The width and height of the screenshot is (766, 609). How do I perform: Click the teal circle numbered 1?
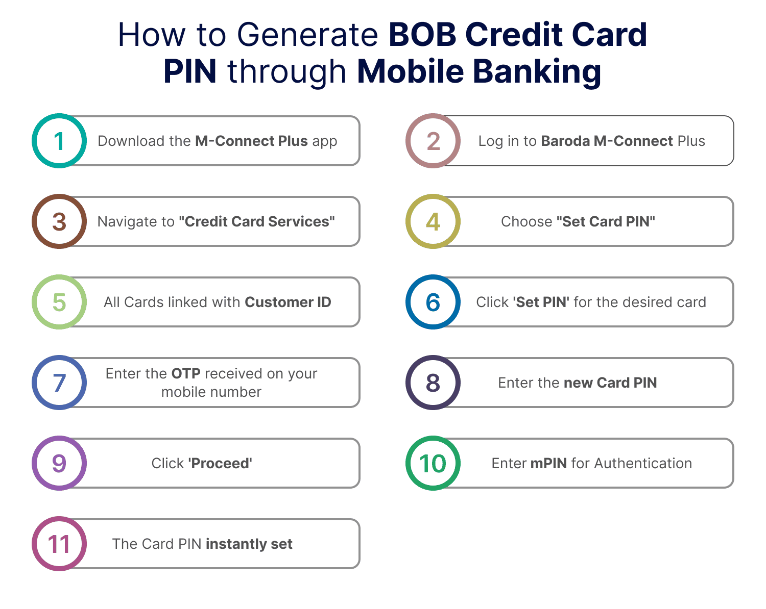[59, 141]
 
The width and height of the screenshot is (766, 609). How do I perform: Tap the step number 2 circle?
[433, 141]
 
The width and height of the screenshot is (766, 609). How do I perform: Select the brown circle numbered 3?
[59, 221]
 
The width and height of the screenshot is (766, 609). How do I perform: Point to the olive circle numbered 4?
[433, 221]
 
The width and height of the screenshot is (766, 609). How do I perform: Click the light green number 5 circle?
[59, 302]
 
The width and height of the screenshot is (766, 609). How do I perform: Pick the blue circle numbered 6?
[433, 302]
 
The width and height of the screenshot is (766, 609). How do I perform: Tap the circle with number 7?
[59, 383]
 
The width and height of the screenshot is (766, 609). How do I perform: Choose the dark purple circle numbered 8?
[433, 383]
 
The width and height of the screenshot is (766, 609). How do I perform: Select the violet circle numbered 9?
[59, 463]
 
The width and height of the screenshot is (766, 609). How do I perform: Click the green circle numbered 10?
[433, 463]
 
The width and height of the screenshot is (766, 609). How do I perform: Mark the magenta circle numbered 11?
[59, 544]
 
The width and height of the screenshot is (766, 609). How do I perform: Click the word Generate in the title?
[307, 35]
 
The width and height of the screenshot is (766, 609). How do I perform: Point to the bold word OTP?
[185, 374]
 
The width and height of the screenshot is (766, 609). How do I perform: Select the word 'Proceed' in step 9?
[220, 463]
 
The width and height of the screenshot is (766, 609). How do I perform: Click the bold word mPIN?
[549, 463]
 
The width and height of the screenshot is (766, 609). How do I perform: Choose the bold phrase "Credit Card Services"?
[257, 221]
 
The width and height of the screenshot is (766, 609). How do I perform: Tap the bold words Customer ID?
[288, 302]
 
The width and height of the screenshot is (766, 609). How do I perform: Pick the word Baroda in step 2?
[565, 141]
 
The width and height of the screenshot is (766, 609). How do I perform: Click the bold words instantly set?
[249, 544]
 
